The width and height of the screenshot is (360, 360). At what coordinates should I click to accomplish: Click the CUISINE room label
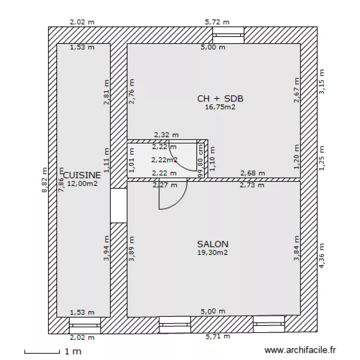[x=82, y=175]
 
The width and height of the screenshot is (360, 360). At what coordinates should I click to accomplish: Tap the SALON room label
[x=213, y=244]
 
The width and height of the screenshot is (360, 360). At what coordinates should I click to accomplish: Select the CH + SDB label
[x=220, y=99]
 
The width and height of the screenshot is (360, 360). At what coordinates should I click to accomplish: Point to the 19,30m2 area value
[x=213, y=252]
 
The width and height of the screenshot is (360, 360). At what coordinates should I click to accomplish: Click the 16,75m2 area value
[x=220, y=107]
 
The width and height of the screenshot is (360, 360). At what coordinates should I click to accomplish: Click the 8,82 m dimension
[x=45, y=180]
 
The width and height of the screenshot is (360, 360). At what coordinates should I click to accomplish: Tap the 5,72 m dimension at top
[x=217, y=22]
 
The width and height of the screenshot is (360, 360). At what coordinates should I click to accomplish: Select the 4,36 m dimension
[x=321, y=256]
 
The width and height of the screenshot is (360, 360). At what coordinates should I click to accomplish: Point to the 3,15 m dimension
[x=321, y=81]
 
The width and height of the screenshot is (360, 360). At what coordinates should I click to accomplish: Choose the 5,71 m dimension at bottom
[x=217, y=337]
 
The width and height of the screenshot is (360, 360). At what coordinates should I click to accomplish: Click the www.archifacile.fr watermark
[x=301, y=351]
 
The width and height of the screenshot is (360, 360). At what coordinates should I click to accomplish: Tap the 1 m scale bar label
[x=72, y=352]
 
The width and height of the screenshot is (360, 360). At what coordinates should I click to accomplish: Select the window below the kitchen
[x=84, y=325]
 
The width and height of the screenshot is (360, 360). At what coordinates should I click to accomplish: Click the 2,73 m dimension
[x=252, y=185]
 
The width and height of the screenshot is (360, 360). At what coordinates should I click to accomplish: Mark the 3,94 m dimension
[x=107, y=248]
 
